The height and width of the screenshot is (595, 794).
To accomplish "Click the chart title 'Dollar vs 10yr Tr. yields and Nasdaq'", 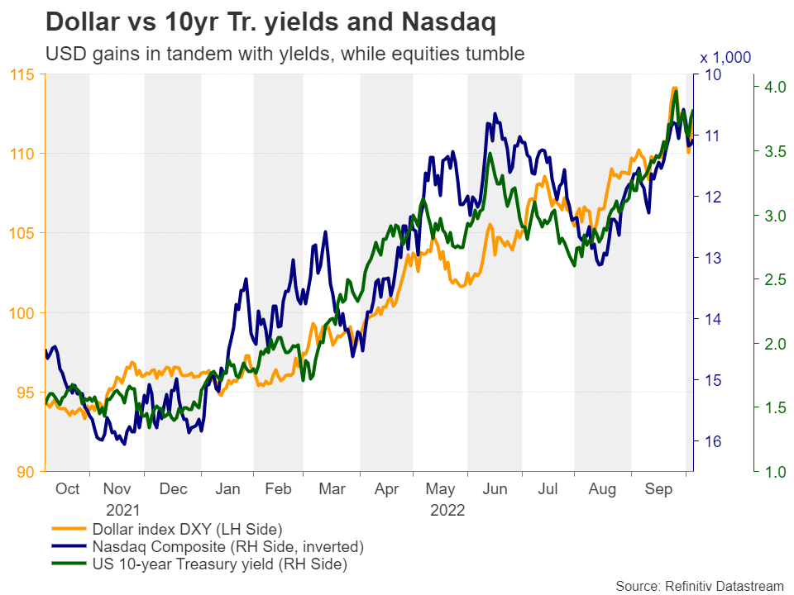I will (x=270, y=22).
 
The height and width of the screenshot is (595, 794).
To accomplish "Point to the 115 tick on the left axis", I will (x=23, y=75).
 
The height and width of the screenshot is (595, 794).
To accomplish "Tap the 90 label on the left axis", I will (x=27, y=472).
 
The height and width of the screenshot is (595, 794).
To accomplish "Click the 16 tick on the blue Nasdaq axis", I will (x=711, y=441).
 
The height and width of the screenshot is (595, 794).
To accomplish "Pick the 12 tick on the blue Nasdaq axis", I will (x=711, y=197).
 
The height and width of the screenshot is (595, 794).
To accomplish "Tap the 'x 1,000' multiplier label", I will (x=725, y=58).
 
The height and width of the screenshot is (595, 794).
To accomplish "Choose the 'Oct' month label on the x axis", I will (x=67, y=489).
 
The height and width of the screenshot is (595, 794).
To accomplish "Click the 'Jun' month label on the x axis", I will (x=494, y=489).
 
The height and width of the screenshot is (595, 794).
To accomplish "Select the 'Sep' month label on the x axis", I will (x=658, y=489).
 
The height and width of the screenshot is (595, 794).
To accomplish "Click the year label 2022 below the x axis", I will (x=447, y=510).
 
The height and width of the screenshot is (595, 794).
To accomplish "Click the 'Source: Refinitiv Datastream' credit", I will (x=699, y=586).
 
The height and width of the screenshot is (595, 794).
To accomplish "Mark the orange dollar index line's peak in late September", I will (x=674, y=88).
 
